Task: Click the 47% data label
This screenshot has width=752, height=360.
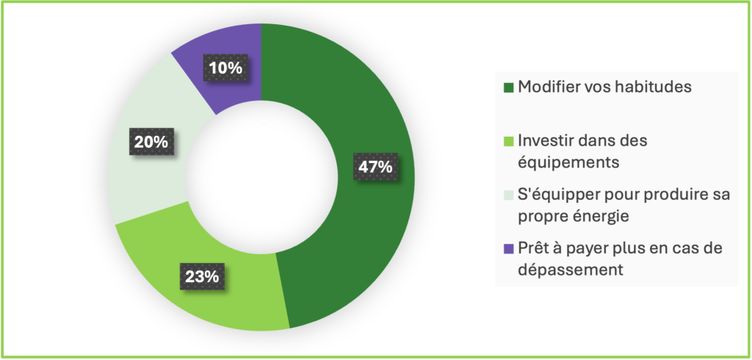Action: tap(375, 167)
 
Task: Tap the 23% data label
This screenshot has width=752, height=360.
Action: tap(203, 276)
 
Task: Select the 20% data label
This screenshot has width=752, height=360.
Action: tap(151, 142)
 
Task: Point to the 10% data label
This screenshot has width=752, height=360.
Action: tap(225, 68)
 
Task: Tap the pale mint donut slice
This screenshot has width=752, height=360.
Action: tap(148, 144)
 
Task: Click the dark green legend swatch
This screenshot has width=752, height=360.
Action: tap(509, 88)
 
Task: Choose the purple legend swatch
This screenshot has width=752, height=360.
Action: tap(509, 248)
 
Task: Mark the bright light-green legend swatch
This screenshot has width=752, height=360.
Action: tap(509, 142)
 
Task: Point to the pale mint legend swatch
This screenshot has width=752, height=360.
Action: tap(509, 195)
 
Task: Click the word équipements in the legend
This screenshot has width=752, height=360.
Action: tap(569, 163)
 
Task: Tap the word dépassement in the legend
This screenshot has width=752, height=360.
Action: tap(571, 270)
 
